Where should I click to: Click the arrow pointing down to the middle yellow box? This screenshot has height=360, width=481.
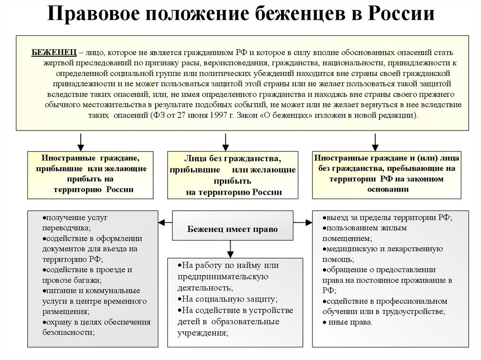[225, 141]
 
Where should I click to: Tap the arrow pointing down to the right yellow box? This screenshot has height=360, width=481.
[375, 141]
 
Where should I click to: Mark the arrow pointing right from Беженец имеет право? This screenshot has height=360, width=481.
[304, 222]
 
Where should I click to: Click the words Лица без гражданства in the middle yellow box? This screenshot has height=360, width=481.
[233, 160]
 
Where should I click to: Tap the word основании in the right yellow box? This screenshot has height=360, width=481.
[388, 189]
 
